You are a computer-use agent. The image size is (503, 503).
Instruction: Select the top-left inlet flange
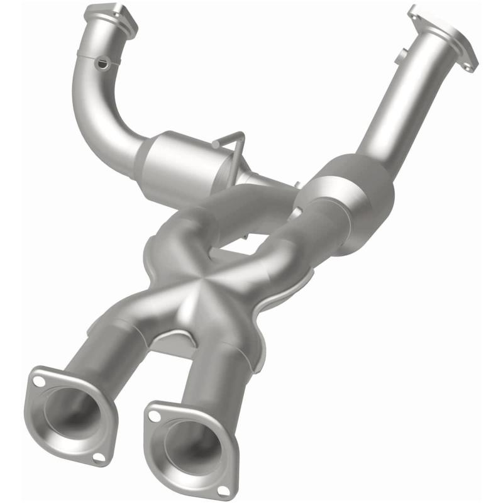point(111,17)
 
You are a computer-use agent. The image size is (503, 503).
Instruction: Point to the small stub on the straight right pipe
point(400,58)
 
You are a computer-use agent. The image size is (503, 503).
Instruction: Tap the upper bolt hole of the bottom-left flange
point(40,381)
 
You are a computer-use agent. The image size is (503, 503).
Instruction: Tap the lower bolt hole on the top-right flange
point(470,65)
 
